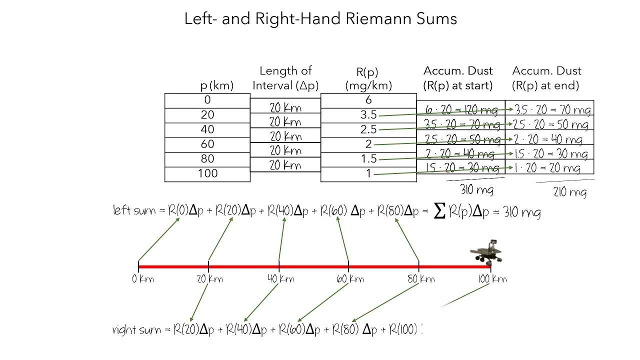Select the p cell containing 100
[207, 173]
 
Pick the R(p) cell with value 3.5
[368, 115]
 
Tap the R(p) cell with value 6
[368, 100]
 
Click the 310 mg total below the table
[476, 190]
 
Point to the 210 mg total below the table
[570, 192]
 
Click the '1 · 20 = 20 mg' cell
[549, 168]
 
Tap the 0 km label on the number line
[143, 279]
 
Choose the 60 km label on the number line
[348, 279]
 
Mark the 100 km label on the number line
[492, 279]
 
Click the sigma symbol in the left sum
[439, 211]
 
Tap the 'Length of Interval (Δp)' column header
[285, 78]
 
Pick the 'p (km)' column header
[217, 85]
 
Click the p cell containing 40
[207, 129]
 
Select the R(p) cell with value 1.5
[368, 159]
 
